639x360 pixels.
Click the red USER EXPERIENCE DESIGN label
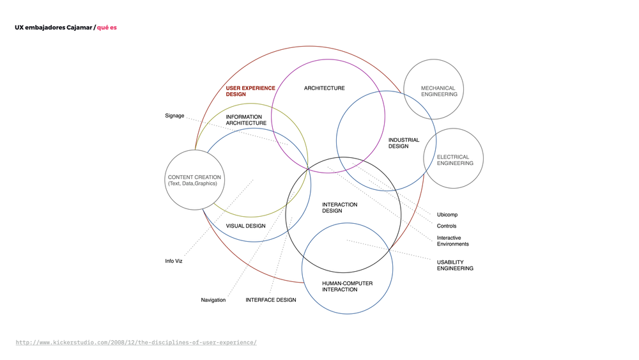click(x=250, y=91)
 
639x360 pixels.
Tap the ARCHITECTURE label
click(x=324, y=88)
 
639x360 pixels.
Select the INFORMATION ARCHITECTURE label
click(x=246, y=120)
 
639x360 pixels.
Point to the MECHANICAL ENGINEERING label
click(x=439, y=91)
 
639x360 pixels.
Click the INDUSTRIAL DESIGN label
click(x=404, y=143)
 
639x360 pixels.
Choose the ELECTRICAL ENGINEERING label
click(x=455, y=160)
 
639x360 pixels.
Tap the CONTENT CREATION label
click(x=194, y=180)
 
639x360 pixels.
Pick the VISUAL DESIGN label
click(x=245, y=226)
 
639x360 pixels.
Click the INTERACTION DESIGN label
click(x=339, y=208)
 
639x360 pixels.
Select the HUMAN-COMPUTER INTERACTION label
click(x=347, y=286)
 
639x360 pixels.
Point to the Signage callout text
click(x=174, y=116)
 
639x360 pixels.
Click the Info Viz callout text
click(x=174, y=261)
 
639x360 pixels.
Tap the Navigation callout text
click(x=213, y=300)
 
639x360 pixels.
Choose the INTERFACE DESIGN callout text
click(x=270, y=300)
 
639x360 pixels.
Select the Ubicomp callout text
click(x=447, y=215)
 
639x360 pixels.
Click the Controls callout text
click(x=446, y=226)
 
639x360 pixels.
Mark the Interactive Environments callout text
click(x=452, y=241)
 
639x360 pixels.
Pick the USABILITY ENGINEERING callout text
click(x=455, y=265)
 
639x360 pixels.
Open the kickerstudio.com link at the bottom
click(x=136, y=343)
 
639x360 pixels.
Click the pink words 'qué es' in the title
click(x=107, y=27)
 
